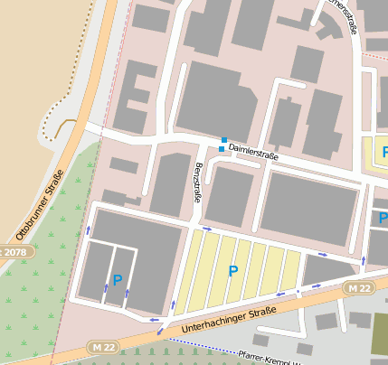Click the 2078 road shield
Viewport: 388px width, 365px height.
(x=12, y=252)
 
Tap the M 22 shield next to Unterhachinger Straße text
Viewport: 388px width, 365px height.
(x=359, y=287)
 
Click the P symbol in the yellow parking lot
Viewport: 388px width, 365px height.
(x=233, y=271)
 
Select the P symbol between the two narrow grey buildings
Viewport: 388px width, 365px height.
(x=117, y=280)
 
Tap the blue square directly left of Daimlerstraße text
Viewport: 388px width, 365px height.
(x=222, y=148)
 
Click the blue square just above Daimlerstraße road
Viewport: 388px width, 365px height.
(x=224, y=139)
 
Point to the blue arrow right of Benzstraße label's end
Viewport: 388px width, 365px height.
(x=207, y=229)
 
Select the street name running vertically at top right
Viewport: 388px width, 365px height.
(x=344, y=18)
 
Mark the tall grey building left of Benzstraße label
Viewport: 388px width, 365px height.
(x=170, y=185)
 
